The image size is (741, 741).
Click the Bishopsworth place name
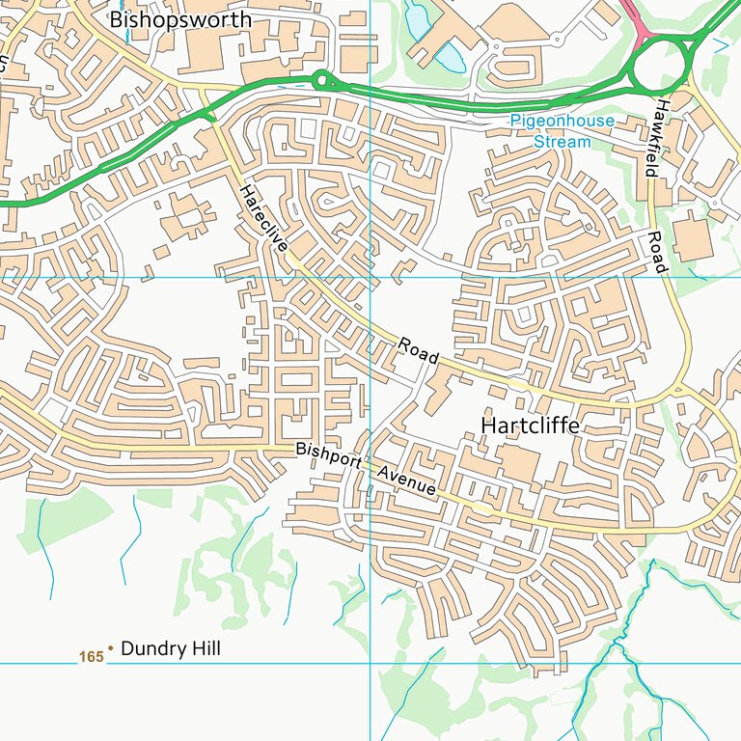click(x=180, y=19)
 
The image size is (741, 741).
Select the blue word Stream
click(x=562, y=141)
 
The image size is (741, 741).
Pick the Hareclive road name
click(x=264, y=219)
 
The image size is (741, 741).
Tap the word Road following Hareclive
click(x=419, y=350)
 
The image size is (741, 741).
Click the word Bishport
click(x=328, y=456)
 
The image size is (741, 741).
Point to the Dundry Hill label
click(x=170, y=649)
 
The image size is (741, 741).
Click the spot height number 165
click(x=91, y=657)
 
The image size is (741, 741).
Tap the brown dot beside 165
click(x=110, y=649)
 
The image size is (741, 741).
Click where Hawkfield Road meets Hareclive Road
click(x=679, y=391)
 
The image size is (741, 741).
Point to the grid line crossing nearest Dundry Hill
click(x=370, y=664)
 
